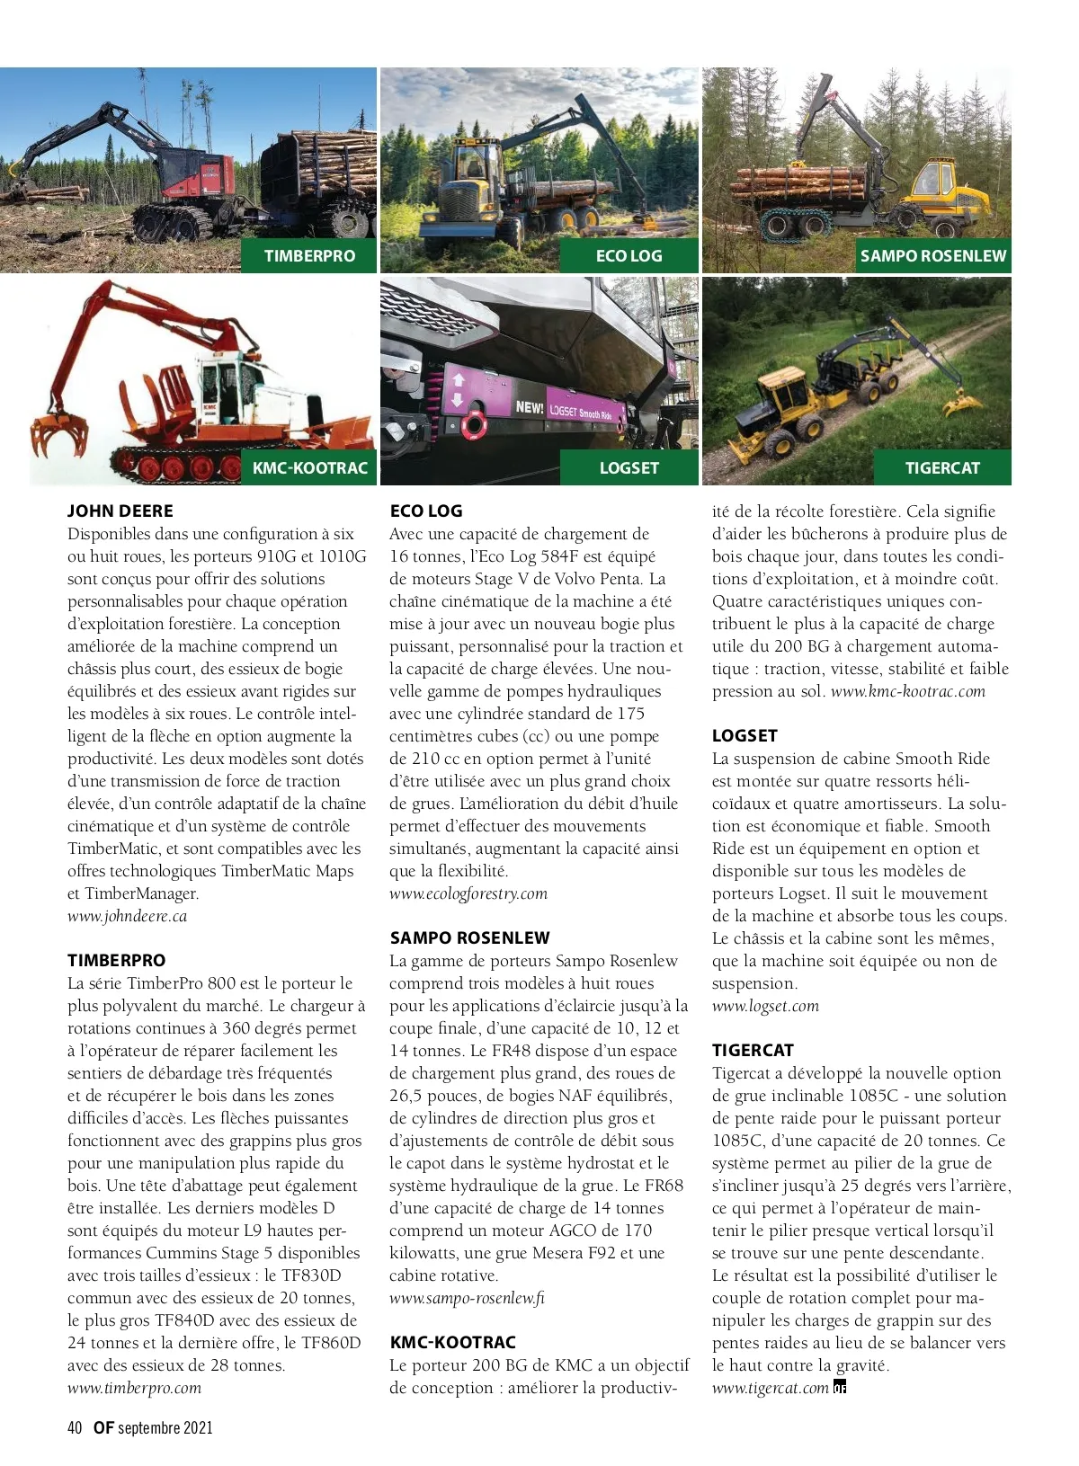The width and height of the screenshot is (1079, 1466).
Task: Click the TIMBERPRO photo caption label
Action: (x=309, y=256)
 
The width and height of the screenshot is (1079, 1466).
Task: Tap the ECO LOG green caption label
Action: (x=629, y=256)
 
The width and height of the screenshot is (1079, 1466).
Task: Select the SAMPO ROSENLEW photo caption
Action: (x=932, y=256)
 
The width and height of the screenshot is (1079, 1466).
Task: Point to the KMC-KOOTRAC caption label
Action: (x=309, y=468)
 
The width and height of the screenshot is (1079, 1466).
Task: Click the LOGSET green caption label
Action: (x=629, y=468)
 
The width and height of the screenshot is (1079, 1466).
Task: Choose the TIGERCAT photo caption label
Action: (x=941, y=468)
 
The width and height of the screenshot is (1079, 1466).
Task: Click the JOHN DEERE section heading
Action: (x=120, y=511)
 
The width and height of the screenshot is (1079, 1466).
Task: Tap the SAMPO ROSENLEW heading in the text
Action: (x=469, y=938)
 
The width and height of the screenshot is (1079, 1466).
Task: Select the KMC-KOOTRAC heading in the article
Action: (x=452, y=1343)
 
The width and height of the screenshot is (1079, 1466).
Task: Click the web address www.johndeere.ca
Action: (x=127, y=917)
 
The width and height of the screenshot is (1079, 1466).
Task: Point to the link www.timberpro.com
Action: (x=134, y=1389)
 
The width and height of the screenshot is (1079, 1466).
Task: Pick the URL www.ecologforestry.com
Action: (x=468, y=894)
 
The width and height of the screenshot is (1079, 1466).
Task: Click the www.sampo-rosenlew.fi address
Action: (x=467, y=1299)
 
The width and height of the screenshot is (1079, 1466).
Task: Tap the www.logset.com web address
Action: (x=765, y=1007)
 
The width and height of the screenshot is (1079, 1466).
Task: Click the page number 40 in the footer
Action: (x=75, y=1428)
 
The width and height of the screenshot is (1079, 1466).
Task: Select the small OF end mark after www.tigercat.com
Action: (x=840, y=1387)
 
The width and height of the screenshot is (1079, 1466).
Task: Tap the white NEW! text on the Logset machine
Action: (x=530, y=407)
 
